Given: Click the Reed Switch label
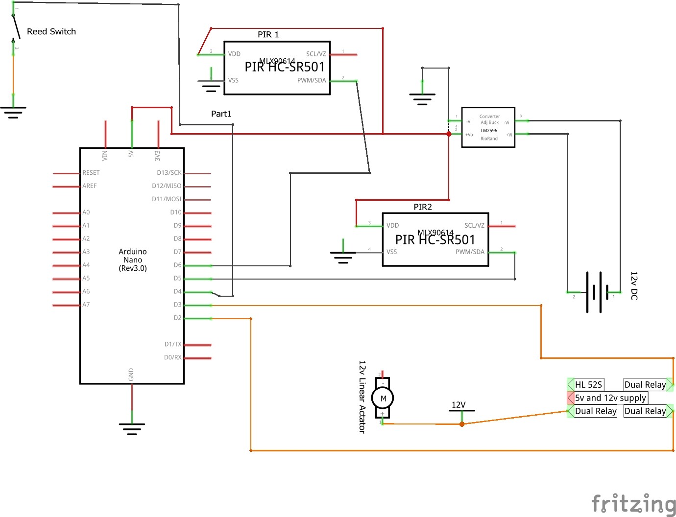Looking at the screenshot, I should [51, 32].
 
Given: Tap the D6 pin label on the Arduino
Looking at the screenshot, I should [177, 265].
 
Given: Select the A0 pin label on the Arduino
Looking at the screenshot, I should [86, 212].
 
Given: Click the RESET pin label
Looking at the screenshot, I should [91, 173].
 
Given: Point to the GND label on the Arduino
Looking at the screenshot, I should [131, 375].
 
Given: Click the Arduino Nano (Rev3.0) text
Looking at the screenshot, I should [133, 260].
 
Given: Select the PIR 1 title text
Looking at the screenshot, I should [268, 35].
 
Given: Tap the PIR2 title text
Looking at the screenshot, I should [423, 207].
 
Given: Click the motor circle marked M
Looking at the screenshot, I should [383, 399].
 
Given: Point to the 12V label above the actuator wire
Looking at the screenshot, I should [459, 405].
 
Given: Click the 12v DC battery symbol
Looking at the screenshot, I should [595, 293].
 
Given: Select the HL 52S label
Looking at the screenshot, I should [588, 385].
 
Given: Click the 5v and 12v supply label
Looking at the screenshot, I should [610, 398].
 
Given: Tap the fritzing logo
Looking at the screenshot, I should [633, 503].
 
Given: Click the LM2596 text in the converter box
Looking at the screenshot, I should [489, 131].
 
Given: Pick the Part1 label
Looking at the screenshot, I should [221, 114].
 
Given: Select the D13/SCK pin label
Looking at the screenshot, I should [169, 173].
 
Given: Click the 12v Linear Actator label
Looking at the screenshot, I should [362, 397].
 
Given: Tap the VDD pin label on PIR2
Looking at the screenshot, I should [392, 226].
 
